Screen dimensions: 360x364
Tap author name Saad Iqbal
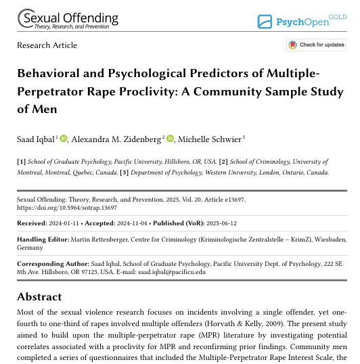click(x=36, y=139)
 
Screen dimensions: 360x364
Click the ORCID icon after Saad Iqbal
click(x=64, y=138)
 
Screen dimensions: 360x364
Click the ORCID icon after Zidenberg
click(x=170, y=138)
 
